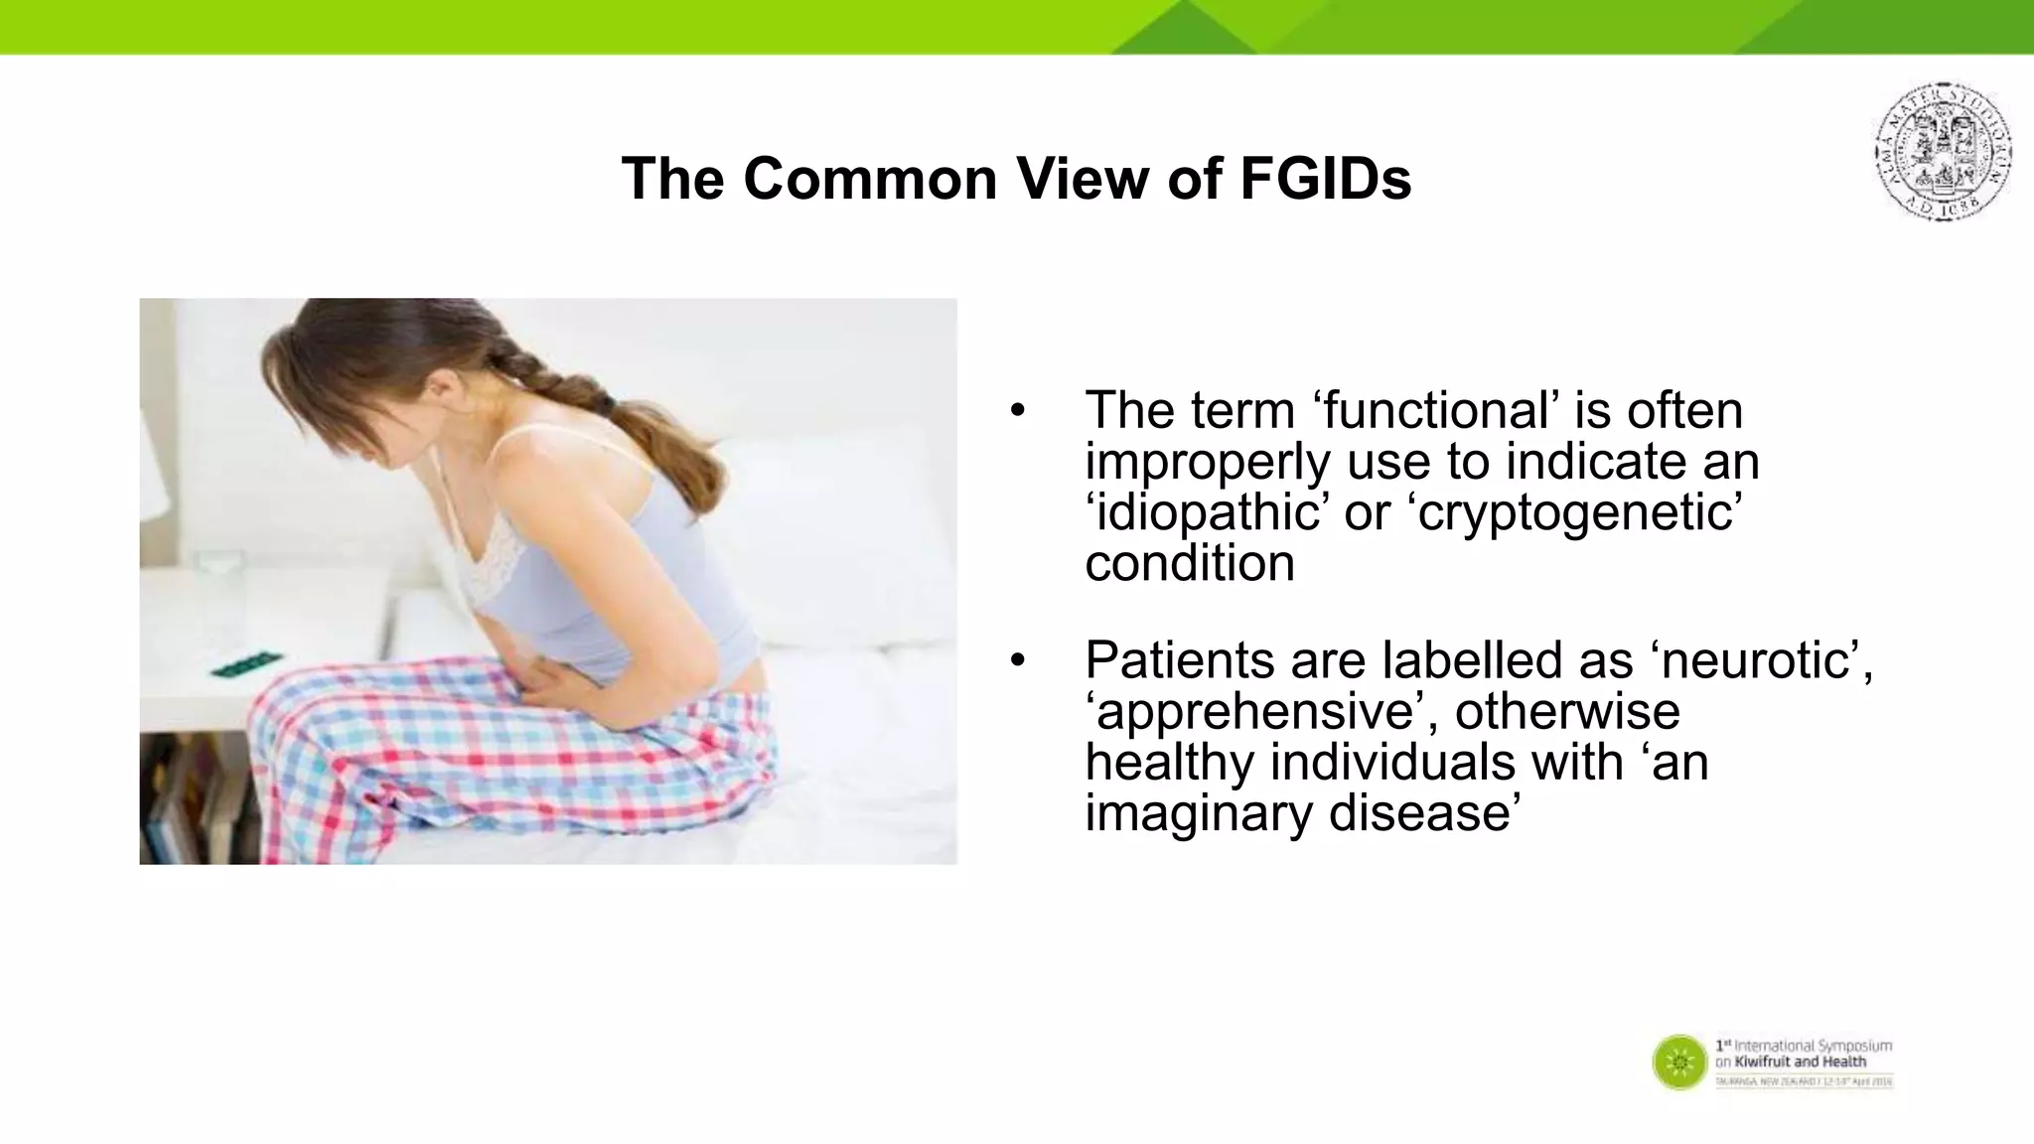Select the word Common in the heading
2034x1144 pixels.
[x=869, y=179]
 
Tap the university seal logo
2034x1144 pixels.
[x=1944, y=151]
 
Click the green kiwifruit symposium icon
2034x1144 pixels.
[x=1679, y=1063]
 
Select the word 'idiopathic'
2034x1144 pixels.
[x=1207, y=512]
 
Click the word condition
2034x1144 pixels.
[x=1189, y=563]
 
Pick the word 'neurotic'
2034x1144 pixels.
[x=1760, y=659]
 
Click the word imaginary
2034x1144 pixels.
[x=1199, y=812]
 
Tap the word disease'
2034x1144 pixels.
[x=1425, y=812]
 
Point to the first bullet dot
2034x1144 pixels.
[x=1016, y=410]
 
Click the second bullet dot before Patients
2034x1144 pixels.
[x=1016, y=659]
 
